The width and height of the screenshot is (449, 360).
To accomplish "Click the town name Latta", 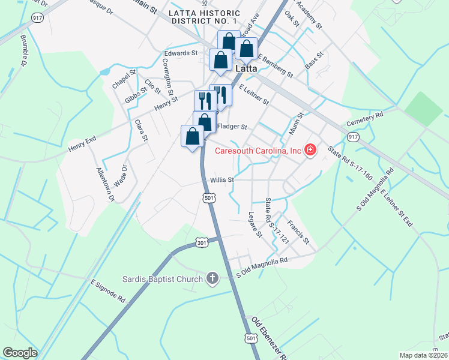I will (x=246, y=68).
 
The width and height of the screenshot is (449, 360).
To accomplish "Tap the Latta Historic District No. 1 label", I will (x=205, y=17).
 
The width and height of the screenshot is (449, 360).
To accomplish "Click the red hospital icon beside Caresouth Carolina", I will (x=310, y=150).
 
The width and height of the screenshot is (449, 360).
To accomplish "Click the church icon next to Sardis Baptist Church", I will (x=212, y=277).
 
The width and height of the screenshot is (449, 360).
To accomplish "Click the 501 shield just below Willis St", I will (x=209, y=197).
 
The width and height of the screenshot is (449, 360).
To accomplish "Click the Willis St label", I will (x=221, y=179).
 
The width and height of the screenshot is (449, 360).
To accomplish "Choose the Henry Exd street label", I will (x=82, y=143).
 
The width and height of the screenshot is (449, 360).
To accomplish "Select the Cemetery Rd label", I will (x=364, y=119).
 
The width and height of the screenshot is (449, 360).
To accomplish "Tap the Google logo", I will (x=20, y=353).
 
